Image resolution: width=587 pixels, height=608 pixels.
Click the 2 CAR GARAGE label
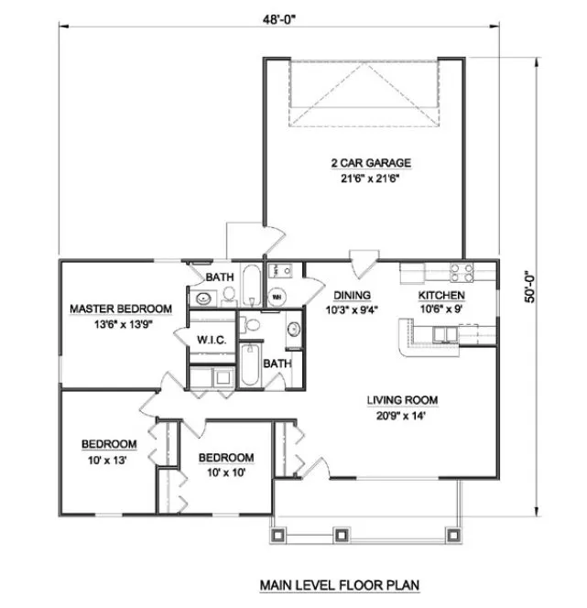(x=370, y=163)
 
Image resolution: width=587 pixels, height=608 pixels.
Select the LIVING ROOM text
(x=402, y=399)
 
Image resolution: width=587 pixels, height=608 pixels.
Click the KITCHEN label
(x=442, y=295)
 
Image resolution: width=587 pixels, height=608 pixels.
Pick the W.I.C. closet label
(x=212, y=340)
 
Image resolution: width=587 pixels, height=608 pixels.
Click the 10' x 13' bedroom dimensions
(x=109, y=461)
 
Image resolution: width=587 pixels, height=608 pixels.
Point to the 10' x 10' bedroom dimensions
(x=226, y=472)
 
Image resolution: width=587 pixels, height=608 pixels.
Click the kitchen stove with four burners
(x=462, y=271)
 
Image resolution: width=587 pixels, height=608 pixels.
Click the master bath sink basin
(x=201, y=297)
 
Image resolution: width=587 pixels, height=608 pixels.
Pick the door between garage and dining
(x=363, y=261)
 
